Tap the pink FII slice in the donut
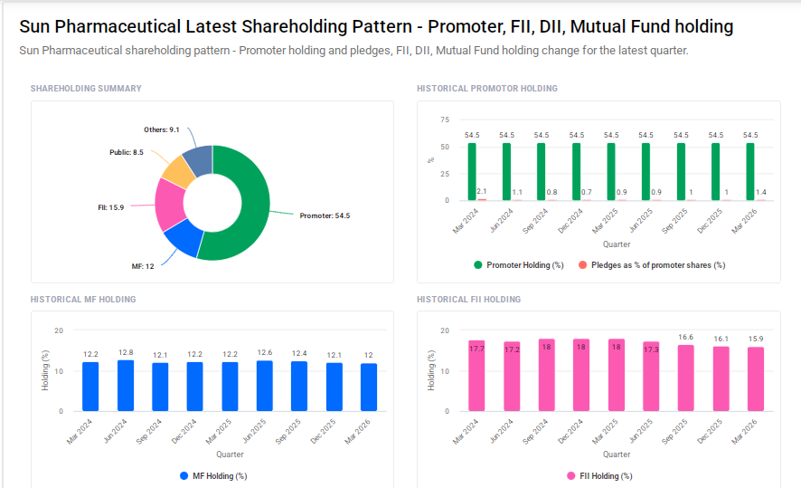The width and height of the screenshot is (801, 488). coord(169,204)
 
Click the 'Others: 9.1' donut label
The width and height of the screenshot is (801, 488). coord(162,129)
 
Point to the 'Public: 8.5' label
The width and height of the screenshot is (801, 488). coord(126,152)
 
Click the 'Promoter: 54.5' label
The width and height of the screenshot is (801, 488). coord(324,215)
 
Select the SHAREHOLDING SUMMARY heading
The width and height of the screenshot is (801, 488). coord(86,89)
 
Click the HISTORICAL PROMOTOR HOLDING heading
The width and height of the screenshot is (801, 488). coord(486,89)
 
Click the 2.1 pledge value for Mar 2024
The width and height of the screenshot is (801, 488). coord(482,191)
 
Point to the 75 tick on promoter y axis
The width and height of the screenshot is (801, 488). coord(444,120)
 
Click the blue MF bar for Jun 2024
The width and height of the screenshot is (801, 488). coord(126,386)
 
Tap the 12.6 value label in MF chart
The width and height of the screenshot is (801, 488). coord(265,352)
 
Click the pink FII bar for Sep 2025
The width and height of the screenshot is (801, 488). coord(686,378)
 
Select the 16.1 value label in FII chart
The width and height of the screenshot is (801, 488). coord(721,339)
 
